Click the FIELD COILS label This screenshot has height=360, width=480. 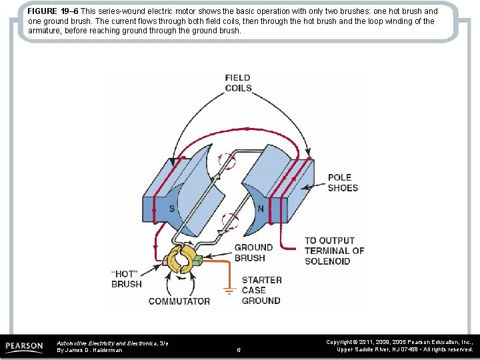coord(238,83)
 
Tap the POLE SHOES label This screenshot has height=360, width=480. coord(343,183)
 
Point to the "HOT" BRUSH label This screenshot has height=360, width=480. coord(126,279)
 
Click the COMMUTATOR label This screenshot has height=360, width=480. coord(179,301)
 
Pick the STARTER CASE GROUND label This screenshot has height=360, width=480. coord(261,290)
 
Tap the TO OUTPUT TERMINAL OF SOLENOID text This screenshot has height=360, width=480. coord(334,251)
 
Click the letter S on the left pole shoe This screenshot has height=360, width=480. coord(171,209)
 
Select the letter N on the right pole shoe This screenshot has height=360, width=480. coord(261,208)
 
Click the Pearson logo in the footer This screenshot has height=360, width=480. coord(25,347)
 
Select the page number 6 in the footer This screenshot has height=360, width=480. coord(239,349)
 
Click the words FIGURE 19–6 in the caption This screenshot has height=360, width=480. coord(52,11)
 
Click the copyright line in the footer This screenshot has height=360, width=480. coord(399,345)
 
